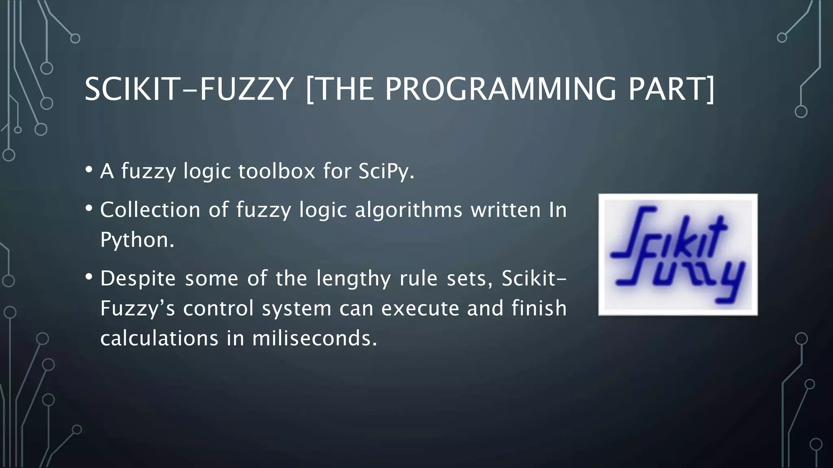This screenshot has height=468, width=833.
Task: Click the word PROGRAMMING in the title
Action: (500, 89)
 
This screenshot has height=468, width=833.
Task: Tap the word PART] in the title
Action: (671, 89)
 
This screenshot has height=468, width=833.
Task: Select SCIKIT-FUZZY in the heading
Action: (189, 89)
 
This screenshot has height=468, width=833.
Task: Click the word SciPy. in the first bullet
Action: (386, 171)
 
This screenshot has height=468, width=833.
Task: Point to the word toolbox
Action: (277, 171)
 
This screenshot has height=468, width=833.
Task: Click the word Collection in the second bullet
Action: (150, 210)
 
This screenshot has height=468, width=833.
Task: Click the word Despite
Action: (138, 279)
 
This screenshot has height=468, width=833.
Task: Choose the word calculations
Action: (159, 338)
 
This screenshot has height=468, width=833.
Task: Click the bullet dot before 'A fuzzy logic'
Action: (89, 169)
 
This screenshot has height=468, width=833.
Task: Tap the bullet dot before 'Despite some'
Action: (89, 277)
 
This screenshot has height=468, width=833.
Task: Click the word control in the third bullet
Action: (218, 308)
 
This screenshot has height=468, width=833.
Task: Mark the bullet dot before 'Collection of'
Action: (89, 208)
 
